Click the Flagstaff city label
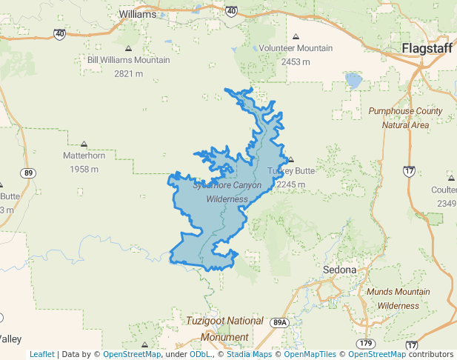point(427,49)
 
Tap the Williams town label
point(137,14)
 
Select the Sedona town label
point(340,270)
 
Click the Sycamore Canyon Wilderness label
point(227,192)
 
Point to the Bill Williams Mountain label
point(129,60)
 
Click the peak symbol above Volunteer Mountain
point(296,36)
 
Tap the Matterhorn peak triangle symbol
point(84,144)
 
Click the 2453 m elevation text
point(296,61)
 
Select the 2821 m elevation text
point(129,73)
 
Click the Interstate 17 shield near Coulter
point(409,171)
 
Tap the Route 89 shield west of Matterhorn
point(28,173)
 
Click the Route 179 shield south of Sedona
point(364,344)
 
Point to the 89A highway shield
point(279,322)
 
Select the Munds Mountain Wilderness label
point(398,299)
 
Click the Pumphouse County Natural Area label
point(405,118)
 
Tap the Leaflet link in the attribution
point(41,354)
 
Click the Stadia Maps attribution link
point(250,354)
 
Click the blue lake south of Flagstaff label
point(353,79)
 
